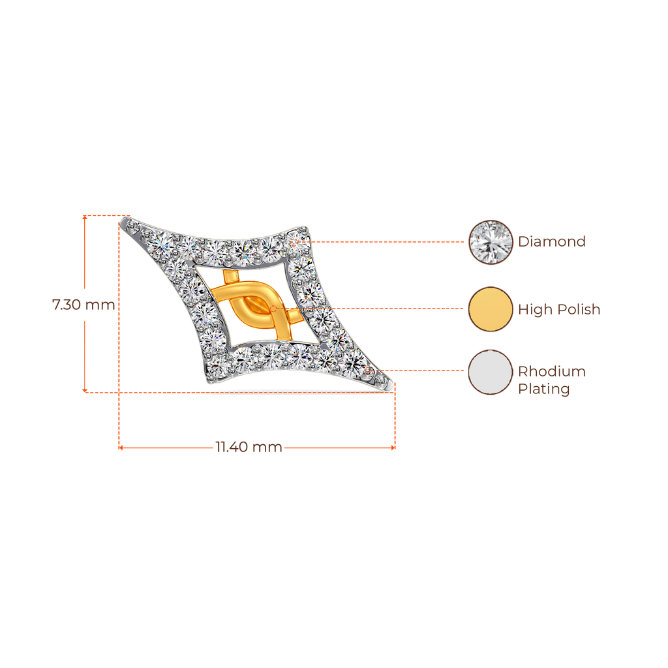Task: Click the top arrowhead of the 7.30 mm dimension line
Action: tap(85, 217)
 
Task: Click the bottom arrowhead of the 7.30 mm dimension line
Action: tap(85, 391)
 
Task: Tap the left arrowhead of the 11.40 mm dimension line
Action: tap(121, 448)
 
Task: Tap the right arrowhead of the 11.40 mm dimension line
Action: tap(393, 448)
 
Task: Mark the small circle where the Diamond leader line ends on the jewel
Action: tap(294, 242)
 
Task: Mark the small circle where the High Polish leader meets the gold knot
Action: tap(273, 309)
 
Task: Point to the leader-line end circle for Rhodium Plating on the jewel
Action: tap(368, 371)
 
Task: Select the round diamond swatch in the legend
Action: tap(491, 242)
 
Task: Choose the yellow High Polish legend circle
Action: tap(491, 309)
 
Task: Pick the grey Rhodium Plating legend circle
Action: tap(491, 372)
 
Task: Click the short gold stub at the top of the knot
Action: tap(230, 277)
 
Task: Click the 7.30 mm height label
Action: tap(83, 305)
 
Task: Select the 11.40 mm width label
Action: tap(249, 447)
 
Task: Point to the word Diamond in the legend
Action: tap(552, 241)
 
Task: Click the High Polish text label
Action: tap(559, 309)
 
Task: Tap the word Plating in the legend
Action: tap(543, 389)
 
